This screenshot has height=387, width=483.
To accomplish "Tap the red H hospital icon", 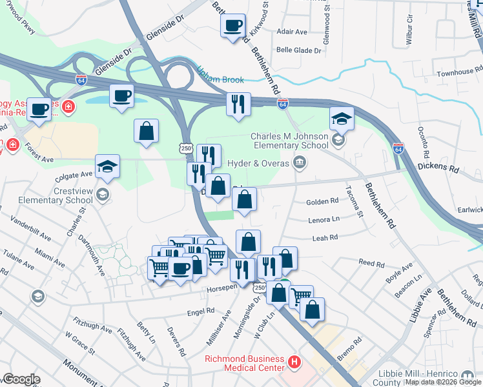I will pyautogui.click(x=295, y=362).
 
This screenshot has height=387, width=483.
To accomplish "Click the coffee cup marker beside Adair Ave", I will pyautogui.click(x=233, y=26).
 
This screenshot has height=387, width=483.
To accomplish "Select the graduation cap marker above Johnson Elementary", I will pyautogui.click(x=342, y=119).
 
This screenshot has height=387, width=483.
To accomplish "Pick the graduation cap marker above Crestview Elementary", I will pyautogui.click(x=107, y=167).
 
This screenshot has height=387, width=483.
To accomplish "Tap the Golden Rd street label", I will pyautogui.click(x=326, y=201).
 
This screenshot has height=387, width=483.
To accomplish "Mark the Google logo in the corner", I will pyautogui.click(x=21, y=379).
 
